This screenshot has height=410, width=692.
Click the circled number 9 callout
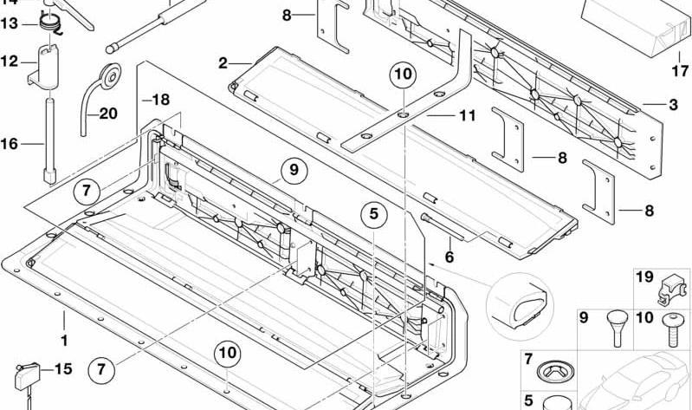point(294,170)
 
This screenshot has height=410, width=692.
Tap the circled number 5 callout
point(374,215)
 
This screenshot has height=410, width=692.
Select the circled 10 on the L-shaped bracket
point(403,74)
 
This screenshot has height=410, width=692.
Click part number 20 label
point(108,114)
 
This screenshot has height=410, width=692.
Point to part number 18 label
point(160,100)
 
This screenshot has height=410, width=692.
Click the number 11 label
point(468,116)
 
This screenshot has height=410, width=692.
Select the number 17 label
point(680,70)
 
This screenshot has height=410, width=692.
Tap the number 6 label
point(449,257)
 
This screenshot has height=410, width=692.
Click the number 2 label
point(223,63)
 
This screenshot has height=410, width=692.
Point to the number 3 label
point(673,105)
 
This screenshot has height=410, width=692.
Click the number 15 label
point(63,369)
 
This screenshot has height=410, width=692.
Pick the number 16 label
point(10,144)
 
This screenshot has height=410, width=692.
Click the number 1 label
point(64,341)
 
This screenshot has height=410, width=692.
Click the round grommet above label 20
point(109,75)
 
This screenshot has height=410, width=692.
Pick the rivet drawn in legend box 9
point(617,326)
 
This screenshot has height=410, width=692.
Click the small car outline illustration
point(636,384)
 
